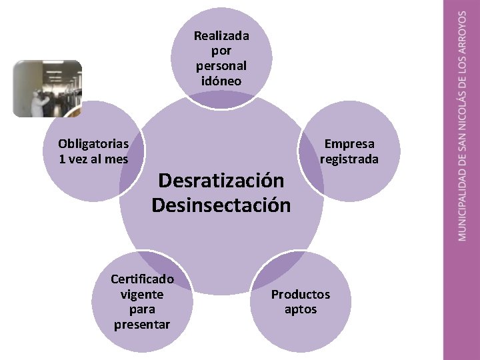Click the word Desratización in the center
[221, 181]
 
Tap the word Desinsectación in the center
[221, 205]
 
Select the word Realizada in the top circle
[221, 36]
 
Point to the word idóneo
[221, 81]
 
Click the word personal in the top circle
[221, 66]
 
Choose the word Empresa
[349, 144]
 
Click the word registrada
[349, 159]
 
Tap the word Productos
[300, 295]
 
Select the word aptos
[301, 309]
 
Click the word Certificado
[142, 279]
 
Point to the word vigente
[142, 294]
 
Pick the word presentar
[142, 325]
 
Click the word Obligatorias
[93, 144]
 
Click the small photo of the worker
[47, 89]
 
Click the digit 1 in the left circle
[62, 159]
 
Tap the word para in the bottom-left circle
[142, 309]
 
